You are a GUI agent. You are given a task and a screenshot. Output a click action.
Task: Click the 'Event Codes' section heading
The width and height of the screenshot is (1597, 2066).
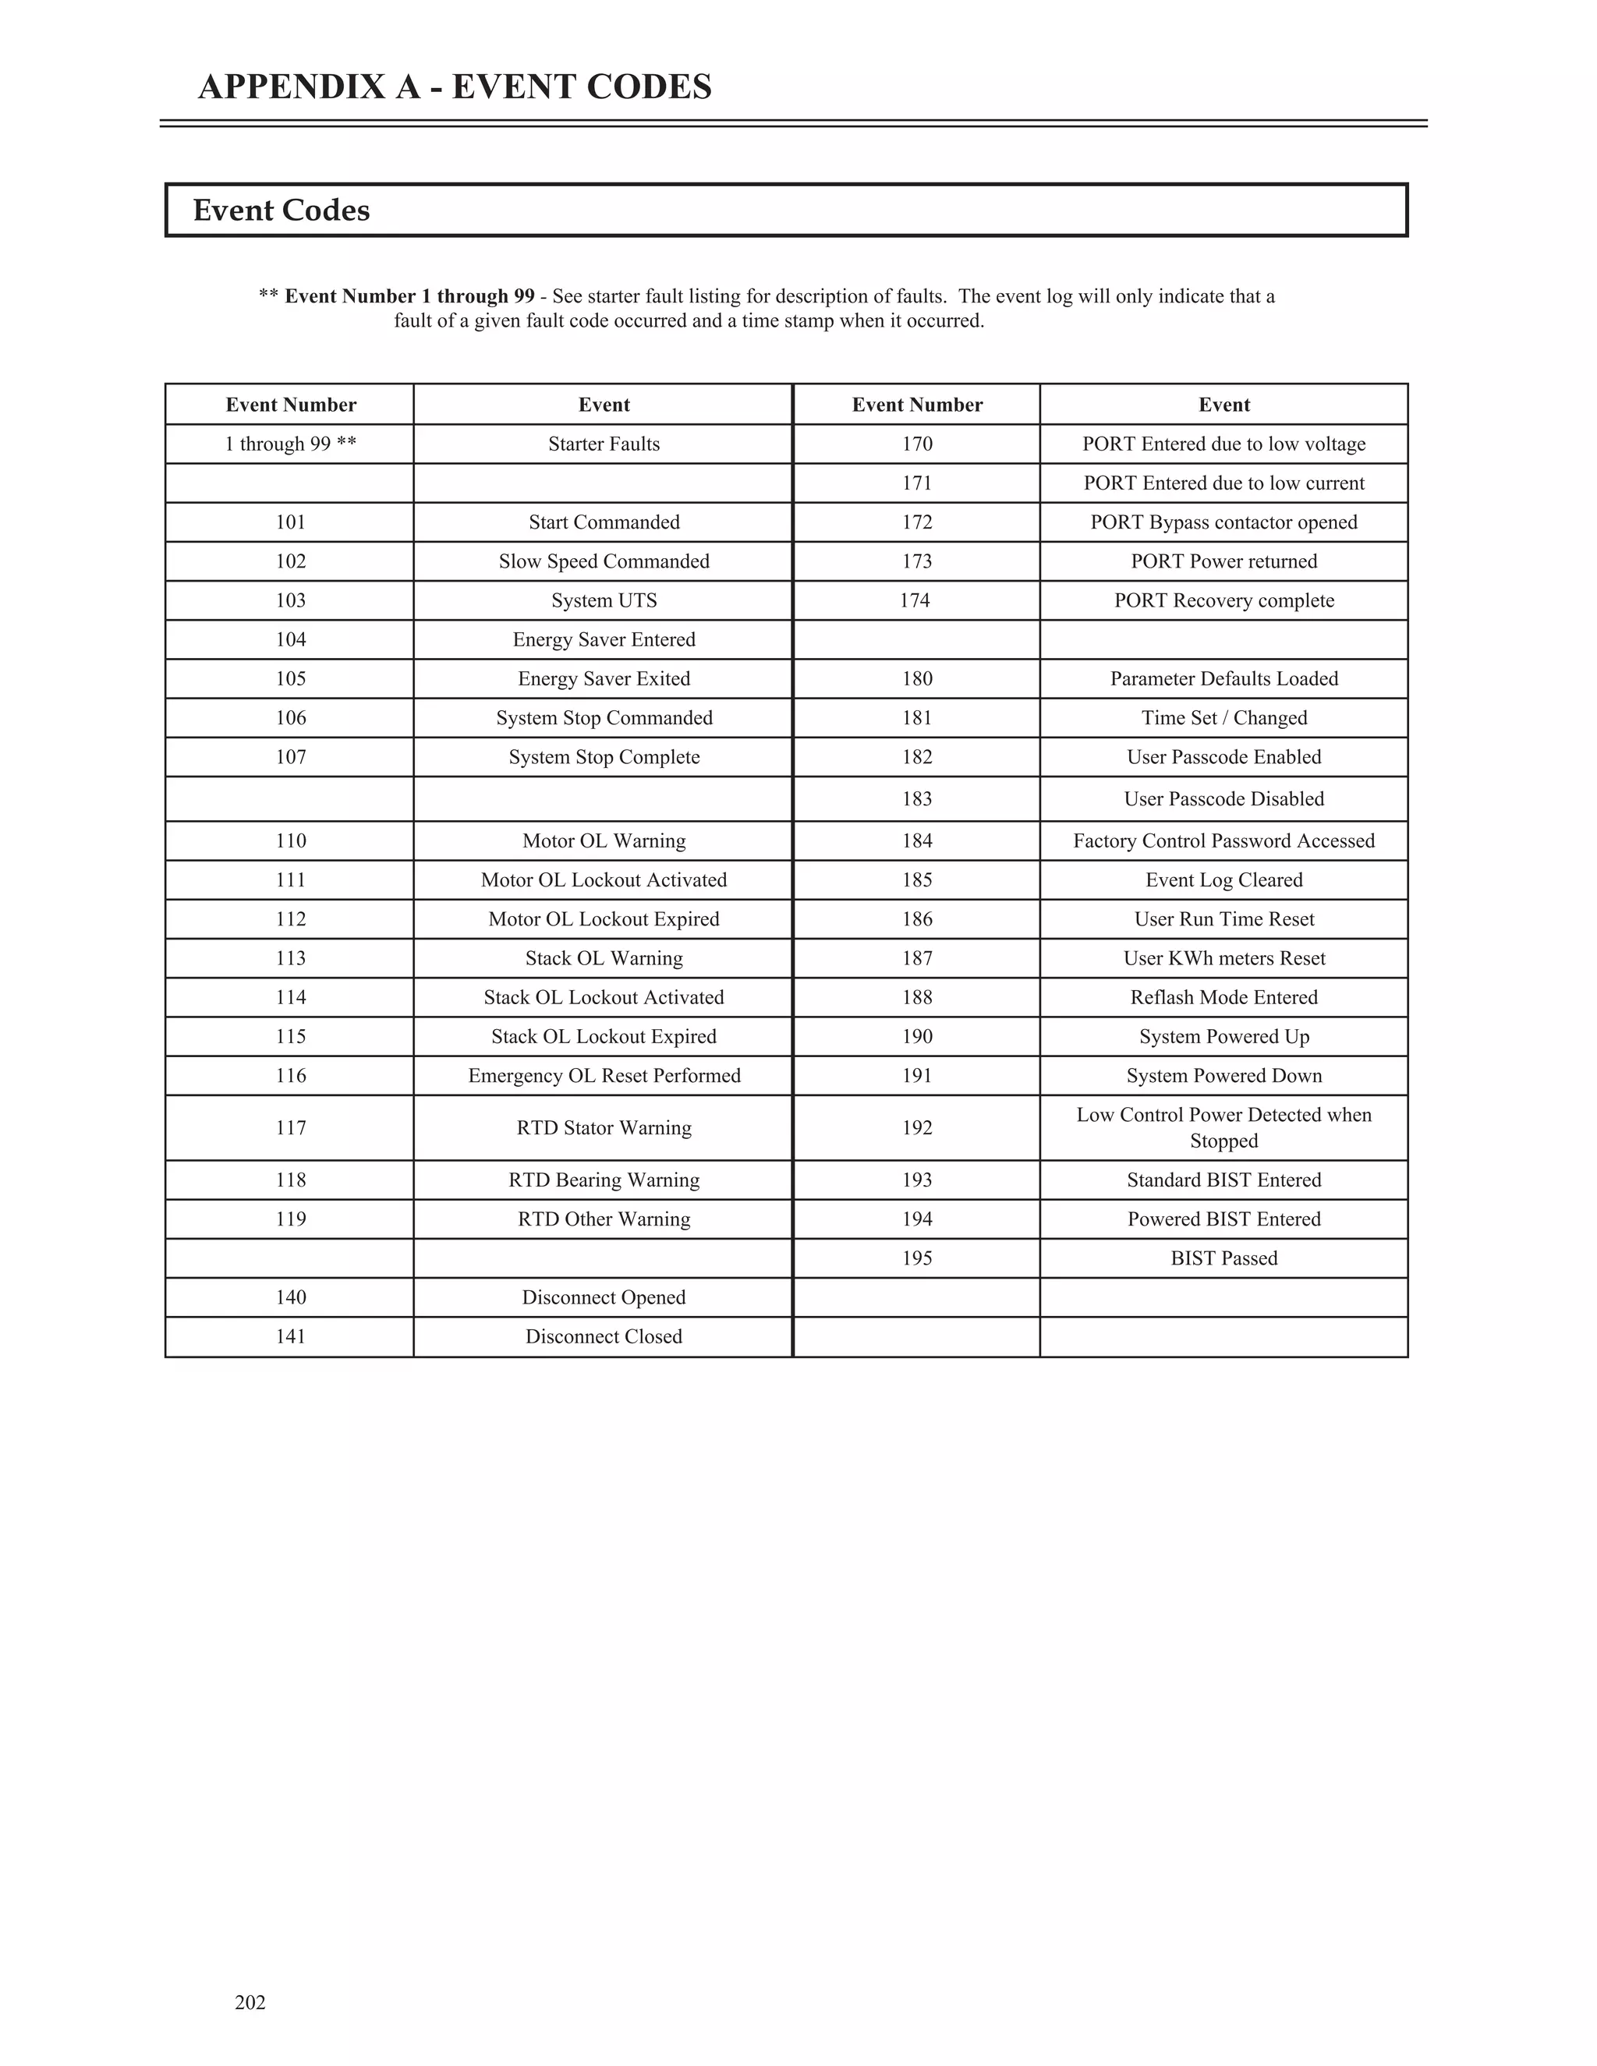click(x=281, y=210)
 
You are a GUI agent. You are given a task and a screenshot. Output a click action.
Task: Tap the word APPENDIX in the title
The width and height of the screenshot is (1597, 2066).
click(x=309, y=87)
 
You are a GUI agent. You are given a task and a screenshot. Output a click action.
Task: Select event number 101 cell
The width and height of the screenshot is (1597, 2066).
click(x=290, y=522)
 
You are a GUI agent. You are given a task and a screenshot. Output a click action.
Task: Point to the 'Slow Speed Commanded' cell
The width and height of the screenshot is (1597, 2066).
click(x=604, y=561)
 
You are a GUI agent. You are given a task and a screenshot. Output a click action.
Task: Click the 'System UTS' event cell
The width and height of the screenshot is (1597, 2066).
click(x=604, y=600)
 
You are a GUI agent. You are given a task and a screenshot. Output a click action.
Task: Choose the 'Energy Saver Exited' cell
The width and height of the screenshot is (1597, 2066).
click(x=604, y=678)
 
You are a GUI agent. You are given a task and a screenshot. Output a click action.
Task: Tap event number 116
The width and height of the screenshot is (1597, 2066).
click(x=290, y=1076)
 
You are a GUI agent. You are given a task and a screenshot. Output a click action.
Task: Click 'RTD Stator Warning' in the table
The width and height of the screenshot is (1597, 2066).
click(x=604, y=1127)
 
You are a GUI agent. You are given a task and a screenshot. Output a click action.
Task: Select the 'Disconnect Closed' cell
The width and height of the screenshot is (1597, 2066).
click(x=604, y=1336)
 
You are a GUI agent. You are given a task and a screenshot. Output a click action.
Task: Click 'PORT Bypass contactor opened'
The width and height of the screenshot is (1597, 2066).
click(x=1223, y=522)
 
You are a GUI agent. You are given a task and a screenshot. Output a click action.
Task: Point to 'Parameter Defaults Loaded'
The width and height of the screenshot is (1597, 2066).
click(x=1223, y=678)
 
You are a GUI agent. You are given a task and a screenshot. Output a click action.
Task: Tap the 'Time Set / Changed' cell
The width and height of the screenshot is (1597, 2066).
click(x=1223, y=718)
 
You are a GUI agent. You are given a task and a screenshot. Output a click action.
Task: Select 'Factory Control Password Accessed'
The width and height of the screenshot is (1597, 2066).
click(x=1223, y=841)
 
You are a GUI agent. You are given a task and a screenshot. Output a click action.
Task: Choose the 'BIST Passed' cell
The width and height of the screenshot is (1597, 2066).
click(x=1223, y=1258)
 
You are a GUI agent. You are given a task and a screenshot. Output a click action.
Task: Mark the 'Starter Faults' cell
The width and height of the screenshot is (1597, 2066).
click(x=604, y=444)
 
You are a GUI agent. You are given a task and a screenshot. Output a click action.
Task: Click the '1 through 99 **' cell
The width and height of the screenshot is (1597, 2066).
click(x=290, y=444)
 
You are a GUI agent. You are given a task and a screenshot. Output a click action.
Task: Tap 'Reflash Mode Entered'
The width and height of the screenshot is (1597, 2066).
click(x=1223, y=997)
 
